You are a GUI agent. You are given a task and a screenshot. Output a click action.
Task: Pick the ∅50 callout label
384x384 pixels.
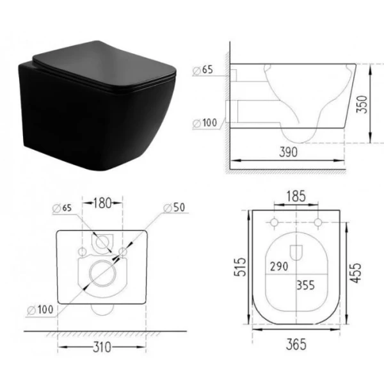pos(173,208)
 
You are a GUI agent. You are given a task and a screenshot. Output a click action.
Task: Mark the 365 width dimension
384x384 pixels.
pos(296,344)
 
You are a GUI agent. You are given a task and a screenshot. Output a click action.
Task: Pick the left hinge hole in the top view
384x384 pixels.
pos(274,223)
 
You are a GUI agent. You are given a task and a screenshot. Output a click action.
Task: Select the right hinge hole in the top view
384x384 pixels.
pos(317,223)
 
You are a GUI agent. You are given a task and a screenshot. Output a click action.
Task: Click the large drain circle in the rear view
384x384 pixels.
pos(102,274)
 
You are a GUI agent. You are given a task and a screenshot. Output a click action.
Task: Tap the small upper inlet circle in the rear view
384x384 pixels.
pos(101,243)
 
